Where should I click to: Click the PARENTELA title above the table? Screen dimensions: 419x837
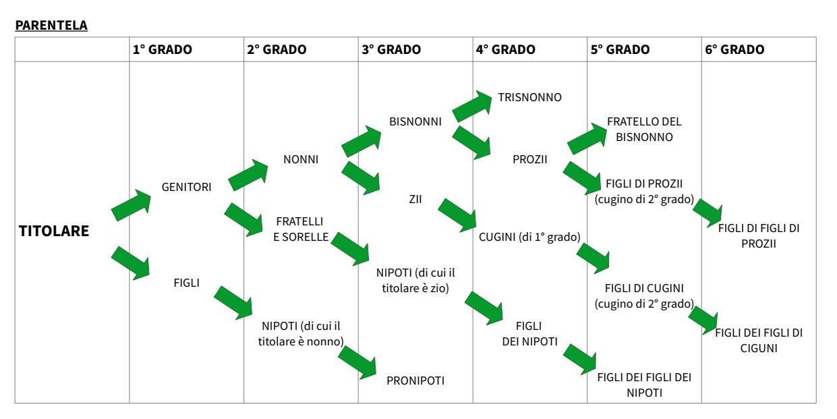coord(52,26)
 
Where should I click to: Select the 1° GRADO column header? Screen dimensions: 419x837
coord(162,50)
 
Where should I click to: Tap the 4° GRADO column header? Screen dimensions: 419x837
coord(505,50)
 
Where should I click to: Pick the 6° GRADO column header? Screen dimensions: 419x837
coord(734,50)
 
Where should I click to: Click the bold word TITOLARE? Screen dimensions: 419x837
coord(54,231)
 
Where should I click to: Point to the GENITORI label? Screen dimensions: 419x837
coord(186,187)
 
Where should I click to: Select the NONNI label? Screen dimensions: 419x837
coord(301,160)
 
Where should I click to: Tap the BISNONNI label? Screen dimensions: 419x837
coord(415,122)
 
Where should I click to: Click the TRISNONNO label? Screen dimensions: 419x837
coord(529,97)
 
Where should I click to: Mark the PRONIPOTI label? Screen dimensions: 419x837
coord(415,381)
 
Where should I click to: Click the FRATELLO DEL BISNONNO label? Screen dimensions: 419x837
coord(644,129)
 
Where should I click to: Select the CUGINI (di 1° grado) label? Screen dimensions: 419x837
coord(530,236)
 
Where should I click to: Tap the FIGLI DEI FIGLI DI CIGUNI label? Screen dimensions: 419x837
coord(759,341)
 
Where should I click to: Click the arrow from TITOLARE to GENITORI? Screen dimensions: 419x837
coord(132,204)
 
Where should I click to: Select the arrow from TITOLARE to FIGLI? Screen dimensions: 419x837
coord(132,262)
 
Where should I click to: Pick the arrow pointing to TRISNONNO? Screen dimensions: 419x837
coord(473,107)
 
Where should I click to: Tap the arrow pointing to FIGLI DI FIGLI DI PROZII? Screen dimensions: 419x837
coord(707,212)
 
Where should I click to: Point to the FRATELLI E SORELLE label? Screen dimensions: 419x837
coord(301,229)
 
